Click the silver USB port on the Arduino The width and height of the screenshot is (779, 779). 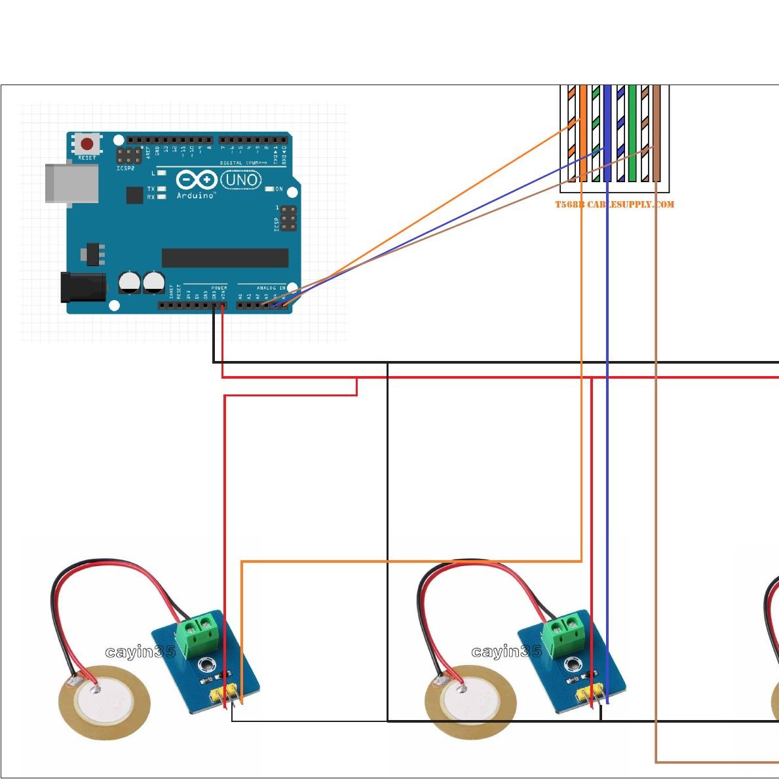click(71, 183)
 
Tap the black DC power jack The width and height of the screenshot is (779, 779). click(83, 287)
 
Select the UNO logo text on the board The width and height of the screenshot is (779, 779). click(241, 180)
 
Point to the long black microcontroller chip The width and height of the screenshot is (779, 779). click(225, 257)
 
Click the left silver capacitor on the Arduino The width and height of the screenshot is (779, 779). click(130, 282)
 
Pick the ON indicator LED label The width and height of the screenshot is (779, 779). click(279, 189)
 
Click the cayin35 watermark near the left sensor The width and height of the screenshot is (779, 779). click(140, 652)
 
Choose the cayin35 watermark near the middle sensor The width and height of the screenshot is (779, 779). click(506, 652)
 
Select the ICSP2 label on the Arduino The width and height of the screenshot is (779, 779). click(125, 168)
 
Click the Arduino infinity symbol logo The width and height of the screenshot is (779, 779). click(196, 180)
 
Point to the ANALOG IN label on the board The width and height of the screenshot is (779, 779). click(271, 288)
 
